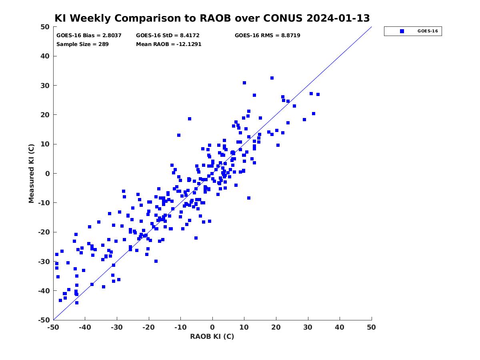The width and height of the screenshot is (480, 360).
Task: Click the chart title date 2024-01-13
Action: (x=338, y=18)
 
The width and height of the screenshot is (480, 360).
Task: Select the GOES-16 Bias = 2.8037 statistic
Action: (x=89, y=36)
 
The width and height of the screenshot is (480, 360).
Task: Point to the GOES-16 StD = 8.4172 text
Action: (x=168, y=36)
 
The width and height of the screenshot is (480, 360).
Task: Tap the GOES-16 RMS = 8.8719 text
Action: (x=268, y=36)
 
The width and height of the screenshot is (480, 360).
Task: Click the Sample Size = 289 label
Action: (x=82, y=44)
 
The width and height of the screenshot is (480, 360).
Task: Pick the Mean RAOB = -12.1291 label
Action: (x=169, y=44)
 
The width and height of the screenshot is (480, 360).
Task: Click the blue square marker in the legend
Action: (x=402, y=31)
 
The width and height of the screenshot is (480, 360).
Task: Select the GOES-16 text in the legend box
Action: (x=428, y=31)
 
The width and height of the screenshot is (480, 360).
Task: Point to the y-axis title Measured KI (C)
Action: (x=31, y=173)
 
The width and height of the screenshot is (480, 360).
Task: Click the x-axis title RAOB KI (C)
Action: (x=212, y=336)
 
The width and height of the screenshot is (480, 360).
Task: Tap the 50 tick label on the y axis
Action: (x=45, y=27)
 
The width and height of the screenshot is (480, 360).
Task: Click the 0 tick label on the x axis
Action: (x=212, y=327)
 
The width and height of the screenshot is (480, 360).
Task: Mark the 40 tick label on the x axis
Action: (x=340, y=327)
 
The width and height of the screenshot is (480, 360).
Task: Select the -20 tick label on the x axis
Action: (x=149, y=327)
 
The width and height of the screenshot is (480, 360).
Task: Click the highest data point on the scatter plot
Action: (x=272, y=78)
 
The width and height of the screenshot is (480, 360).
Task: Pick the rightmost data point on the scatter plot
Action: (x=318, y=94)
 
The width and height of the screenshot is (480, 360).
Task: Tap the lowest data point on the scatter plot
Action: (x=77, y=303)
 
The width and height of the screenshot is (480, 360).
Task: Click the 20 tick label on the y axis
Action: (x=45, y=115)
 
